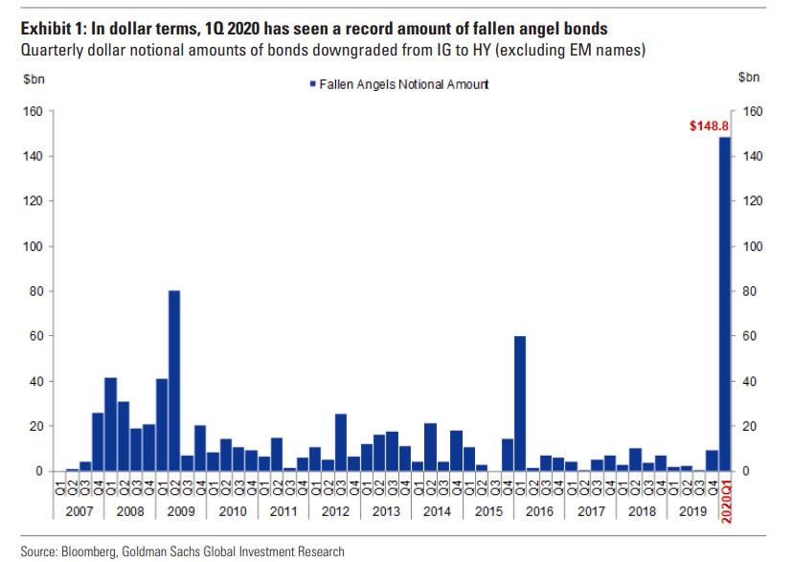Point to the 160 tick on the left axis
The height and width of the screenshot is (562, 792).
coord(34,111)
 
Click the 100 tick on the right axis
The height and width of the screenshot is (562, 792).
coord(752,246)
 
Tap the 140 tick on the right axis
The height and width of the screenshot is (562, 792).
coord(752,156)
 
